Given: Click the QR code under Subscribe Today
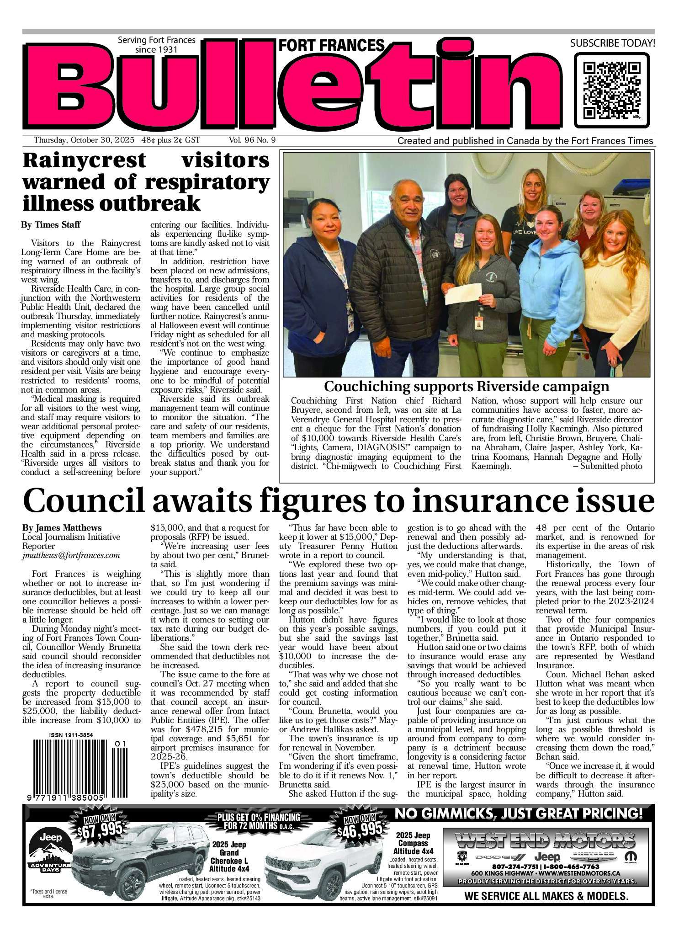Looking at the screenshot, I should [x=611, y=90].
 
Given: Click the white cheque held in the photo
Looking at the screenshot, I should [x=464, y=293].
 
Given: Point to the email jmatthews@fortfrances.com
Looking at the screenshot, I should [x=71, y=556].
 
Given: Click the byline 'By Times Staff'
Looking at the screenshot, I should [x=51, y=224].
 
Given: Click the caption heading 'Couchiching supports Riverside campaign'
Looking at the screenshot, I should [x=466, y=387].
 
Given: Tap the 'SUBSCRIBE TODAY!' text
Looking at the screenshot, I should [x=612, y=43].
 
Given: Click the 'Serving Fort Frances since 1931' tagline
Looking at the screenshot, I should [x=156, y=45].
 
